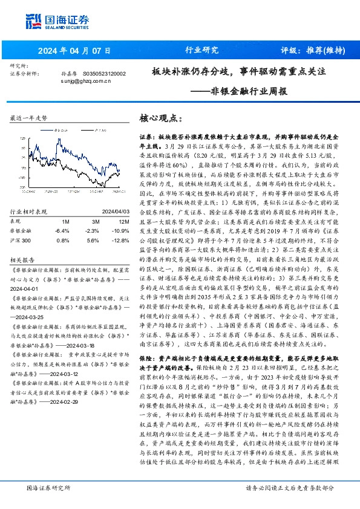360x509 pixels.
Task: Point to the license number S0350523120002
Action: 104,73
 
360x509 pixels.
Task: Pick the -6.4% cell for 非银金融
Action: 62,230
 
